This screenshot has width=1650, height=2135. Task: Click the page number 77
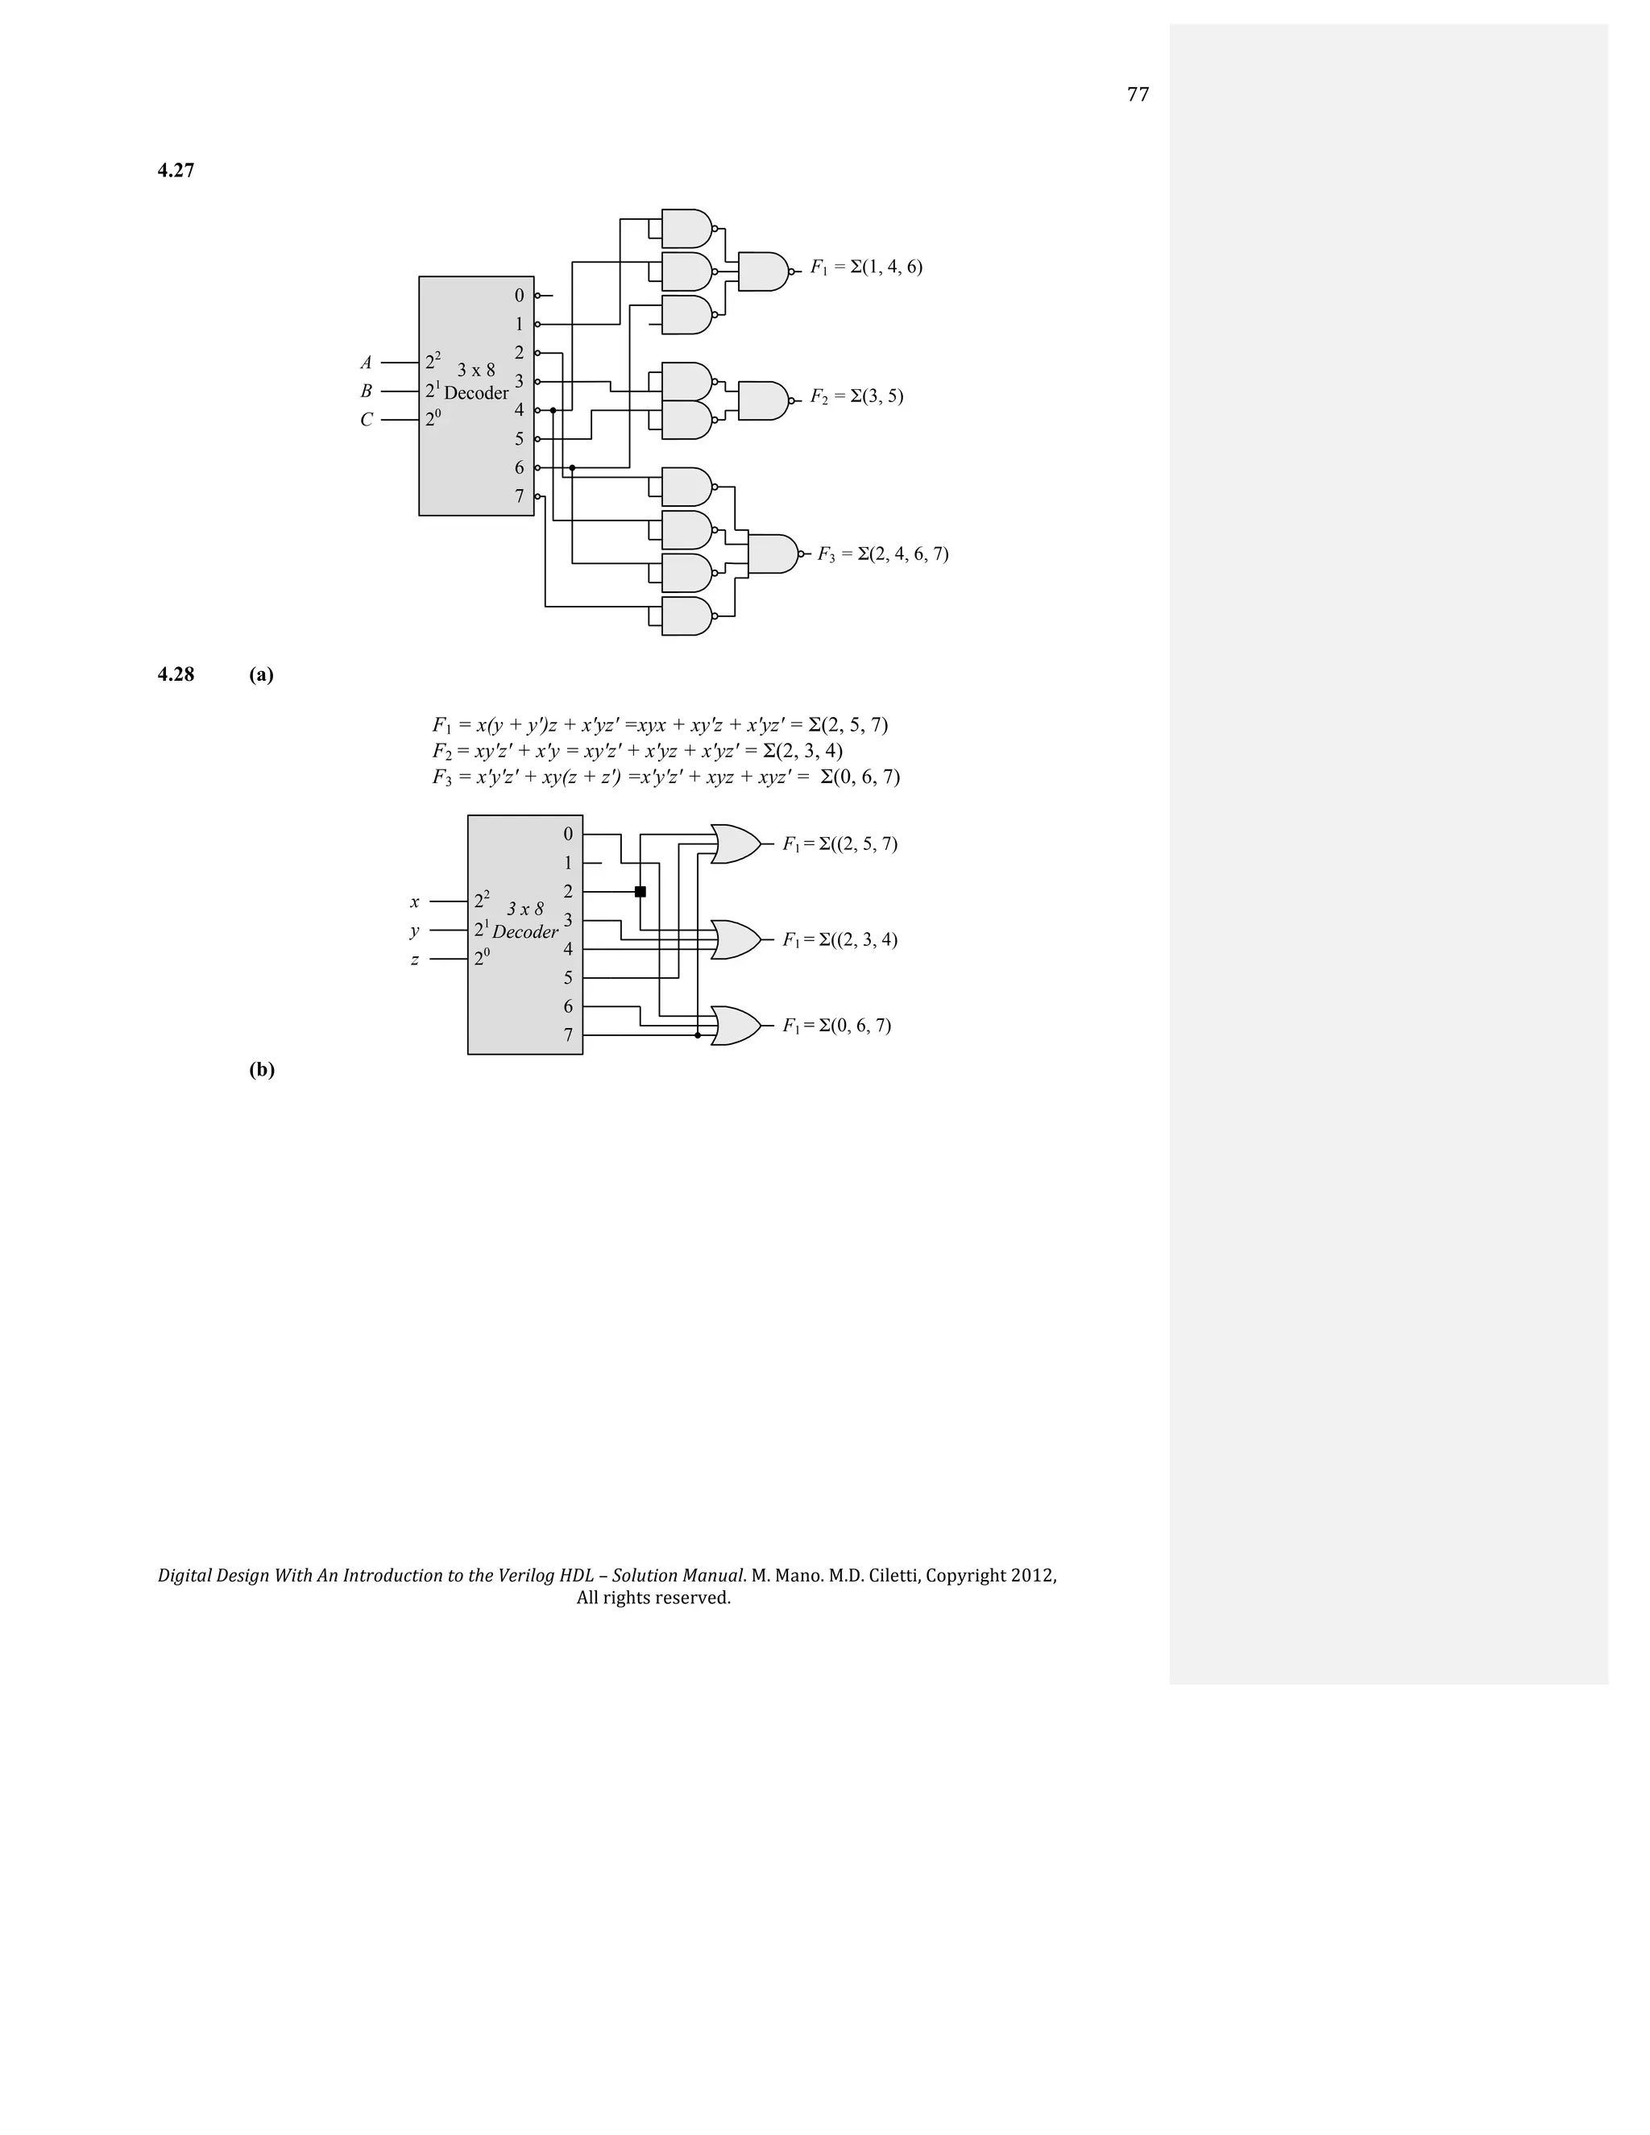click(x=1138, y=95)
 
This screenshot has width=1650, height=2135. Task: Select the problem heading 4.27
click(x=176, y=171)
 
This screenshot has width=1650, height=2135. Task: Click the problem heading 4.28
click(x=176, y=674)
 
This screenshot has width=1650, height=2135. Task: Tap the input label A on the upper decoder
click(x=367, y=363)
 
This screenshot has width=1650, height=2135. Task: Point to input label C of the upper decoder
click(x=367, y=421)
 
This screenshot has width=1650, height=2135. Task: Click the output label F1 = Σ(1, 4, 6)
click(x=866, y=267)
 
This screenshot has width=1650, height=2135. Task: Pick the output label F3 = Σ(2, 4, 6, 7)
click(x=883, y=554)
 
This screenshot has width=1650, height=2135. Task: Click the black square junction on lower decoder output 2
click(x=641, y=892)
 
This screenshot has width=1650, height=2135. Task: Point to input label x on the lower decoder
click(x=414, y=902)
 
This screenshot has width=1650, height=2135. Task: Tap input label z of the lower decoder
click(x=414, y=960)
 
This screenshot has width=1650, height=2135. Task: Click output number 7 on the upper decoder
click(x=519, y=496)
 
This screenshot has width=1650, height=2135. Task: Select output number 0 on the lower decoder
click(x=568, y=835)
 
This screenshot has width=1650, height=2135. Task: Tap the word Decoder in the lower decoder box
click(x=525, y=931)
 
